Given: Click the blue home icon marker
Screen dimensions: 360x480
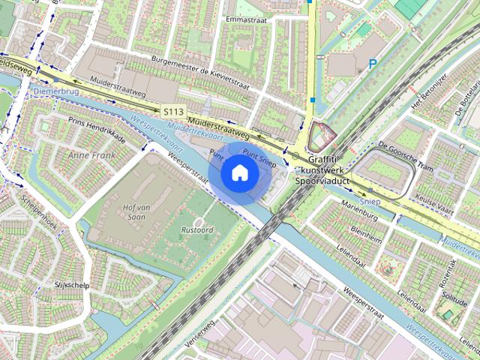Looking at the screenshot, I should point(239,173).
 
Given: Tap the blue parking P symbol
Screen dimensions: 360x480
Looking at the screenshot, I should point(373,65).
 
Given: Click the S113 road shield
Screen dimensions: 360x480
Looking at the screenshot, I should point(173,111).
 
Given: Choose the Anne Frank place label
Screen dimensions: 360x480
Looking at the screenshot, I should point(88,155).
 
